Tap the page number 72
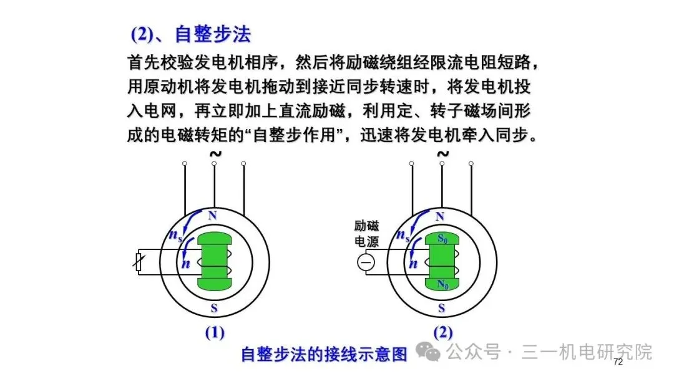pos(618,362)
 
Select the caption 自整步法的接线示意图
pos(324,353)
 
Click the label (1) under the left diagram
pos(215,333)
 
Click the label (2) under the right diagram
pos(442,333)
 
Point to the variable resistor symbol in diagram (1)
pos(140,263)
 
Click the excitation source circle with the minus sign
pos(366,263)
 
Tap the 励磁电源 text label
pos(366,234)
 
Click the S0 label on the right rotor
pos(442,239)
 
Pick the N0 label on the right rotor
pos(442,285)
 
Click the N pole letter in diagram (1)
pos(212,216)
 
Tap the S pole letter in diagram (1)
pos(214,308)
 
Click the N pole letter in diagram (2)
pos(440,216)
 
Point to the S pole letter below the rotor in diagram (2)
pos(442,308)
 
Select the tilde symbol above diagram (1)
pos(215,153)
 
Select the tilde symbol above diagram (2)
pos(442,153)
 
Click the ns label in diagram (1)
pos(175,235)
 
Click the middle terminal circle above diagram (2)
pos(441,163)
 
